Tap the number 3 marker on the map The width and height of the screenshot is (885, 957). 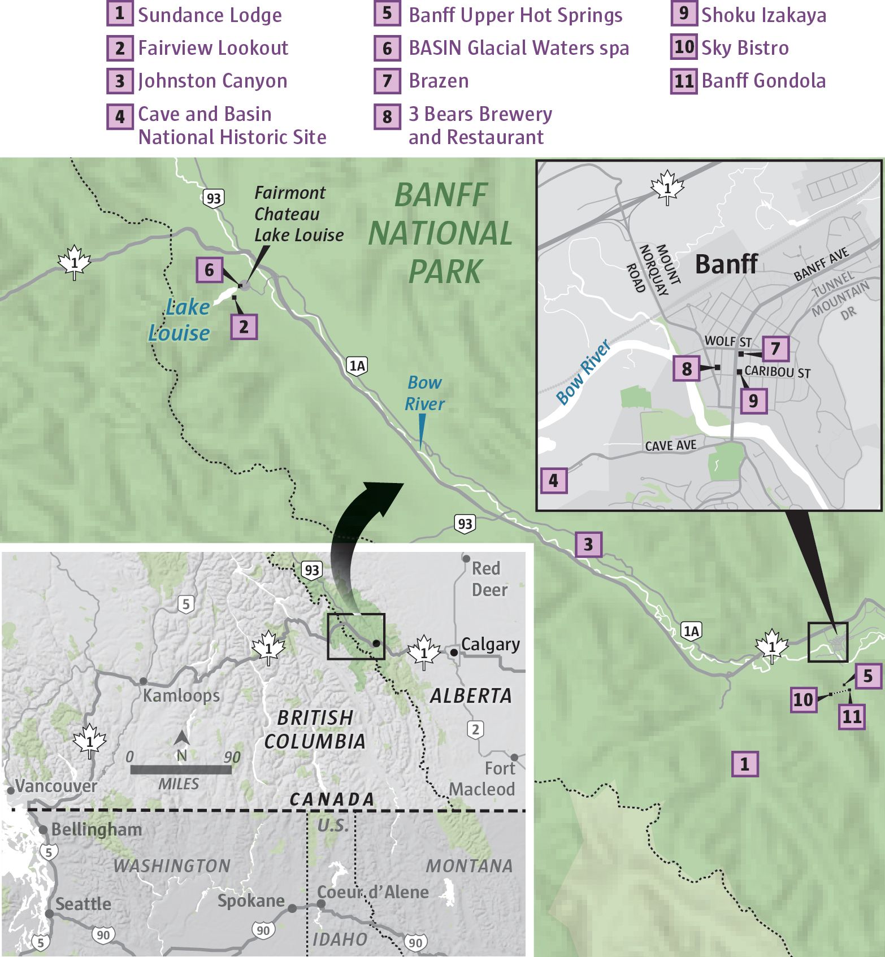coord(588,545)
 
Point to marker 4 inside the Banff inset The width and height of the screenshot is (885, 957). coord(553,481)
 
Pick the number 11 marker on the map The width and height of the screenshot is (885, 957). coord(852,717)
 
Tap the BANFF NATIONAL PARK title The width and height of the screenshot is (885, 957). coord(441,233)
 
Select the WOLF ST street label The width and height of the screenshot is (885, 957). coord(728,341)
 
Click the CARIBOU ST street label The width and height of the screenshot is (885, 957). coord(777,372)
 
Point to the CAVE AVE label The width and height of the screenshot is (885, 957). coord(670,446)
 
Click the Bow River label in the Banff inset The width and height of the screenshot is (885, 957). coord(583,372)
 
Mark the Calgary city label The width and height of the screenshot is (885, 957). coord(490,645)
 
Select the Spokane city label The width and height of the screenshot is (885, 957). coord(251,901)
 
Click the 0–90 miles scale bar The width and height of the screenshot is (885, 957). coord(181,769)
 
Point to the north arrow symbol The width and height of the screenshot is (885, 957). coord(181,738)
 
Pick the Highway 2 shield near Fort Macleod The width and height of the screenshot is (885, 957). coord(476,729)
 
